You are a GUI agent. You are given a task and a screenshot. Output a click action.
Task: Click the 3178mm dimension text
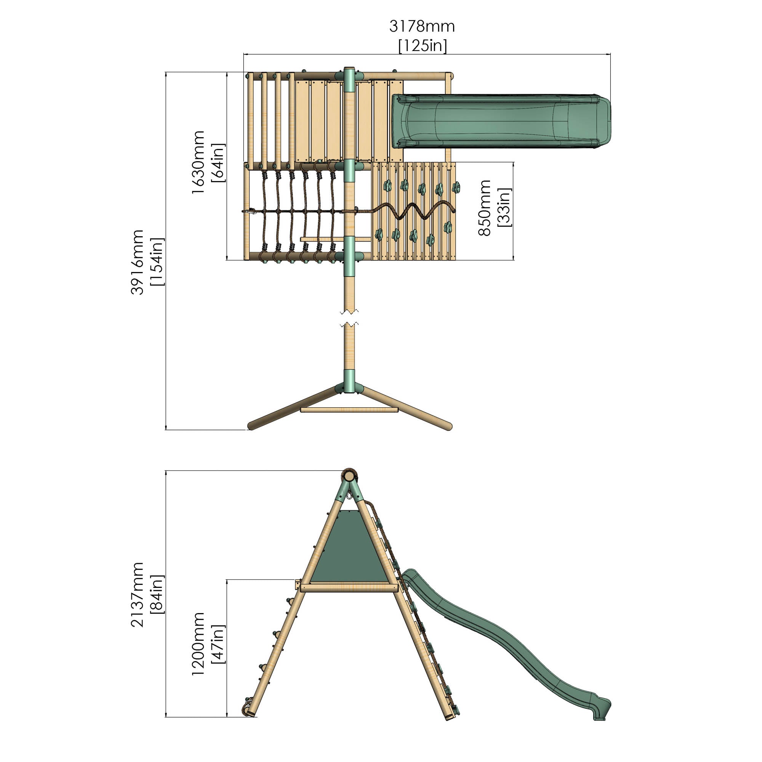[x=422, y=26]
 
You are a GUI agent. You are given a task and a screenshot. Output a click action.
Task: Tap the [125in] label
[x=423, y=46]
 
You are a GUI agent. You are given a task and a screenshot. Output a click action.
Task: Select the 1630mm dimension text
[x=198, y=162]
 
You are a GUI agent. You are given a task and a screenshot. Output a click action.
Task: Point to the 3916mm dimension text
[x=137, y=262]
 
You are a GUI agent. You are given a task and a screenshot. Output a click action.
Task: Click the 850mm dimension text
[x=484, y=208]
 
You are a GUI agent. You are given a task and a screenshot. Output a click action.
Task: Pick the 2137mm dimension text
[x=137, y=595]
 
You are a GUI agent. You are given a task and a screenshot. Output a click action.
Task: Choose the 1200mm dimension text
[x=198, y=644]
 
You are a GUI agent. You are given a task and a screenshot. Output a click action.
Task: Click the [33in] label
[x=504, y=207]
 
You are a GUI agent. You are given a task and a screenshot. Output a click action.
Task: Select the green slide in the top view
[x=501, y=121]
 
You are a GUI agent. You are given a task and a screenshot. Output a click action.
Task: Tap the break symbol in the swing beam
[x=349, y=318]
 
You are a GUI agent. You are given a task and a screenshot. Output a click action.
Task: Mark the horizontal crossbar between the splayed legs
[x=349, y=410]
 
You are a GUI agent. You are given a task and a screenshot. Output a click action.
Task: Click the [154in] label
[x=157, y=262]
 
